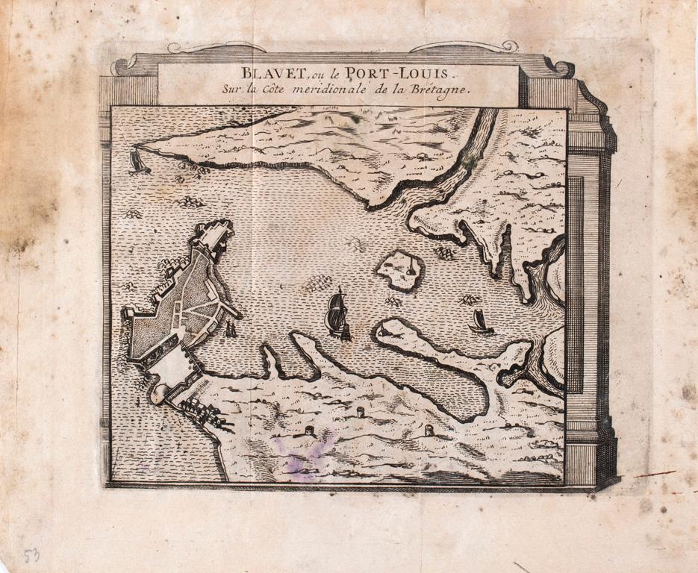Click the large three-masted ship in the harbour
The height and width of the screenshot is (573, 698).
[x=337, y=316]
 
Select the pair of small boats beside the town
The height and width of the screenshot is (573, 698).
[x=231, y=328]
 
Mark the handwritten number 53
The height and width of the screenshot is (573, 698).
[x=31, y=556]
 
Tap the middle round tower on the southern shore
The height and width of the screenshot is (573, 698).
[x=361, y=413]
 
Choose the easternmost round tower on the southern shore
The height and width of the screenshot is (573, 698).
[x=429, y=430]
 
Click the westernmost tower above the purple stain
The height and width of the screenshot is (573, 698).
[x=309, y=432]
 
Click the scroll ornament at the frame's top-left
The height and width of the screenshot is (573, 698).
[x=124, y=66]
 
